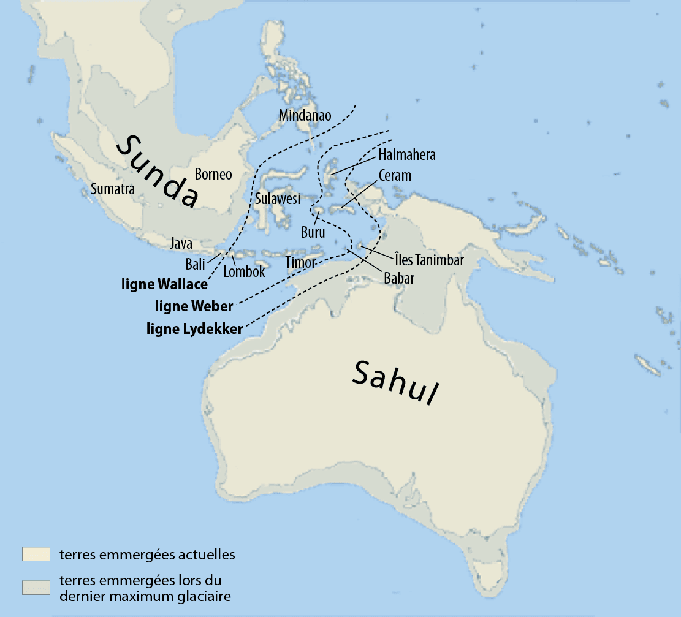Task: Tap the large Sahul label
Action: coord(397,382)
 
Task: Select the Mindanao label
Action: coord(305,115)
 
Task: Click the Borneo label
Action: coord(213,174)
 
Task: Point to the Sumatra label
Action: coord(112,189)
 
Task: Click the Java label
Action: coord(181,244)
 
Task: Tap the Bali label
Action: coord(195,264)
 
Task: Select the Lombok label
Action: coord(244,271)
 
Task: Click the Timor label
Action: coord(300,262)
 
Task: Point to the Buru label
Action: coord(313,232)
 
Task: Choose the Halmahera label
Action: coord(407,154)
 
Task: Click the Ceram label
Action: coord(395,175)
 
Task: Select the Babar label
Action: coord(399,278)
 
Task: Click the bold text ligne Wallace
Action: coord(164,285)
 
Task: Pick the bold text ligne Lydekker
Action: coord(194,329)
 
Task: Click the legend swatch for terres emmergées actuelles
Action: coord(36,554)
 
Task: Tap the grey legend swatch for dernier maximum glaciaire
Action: coord(36,587)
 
